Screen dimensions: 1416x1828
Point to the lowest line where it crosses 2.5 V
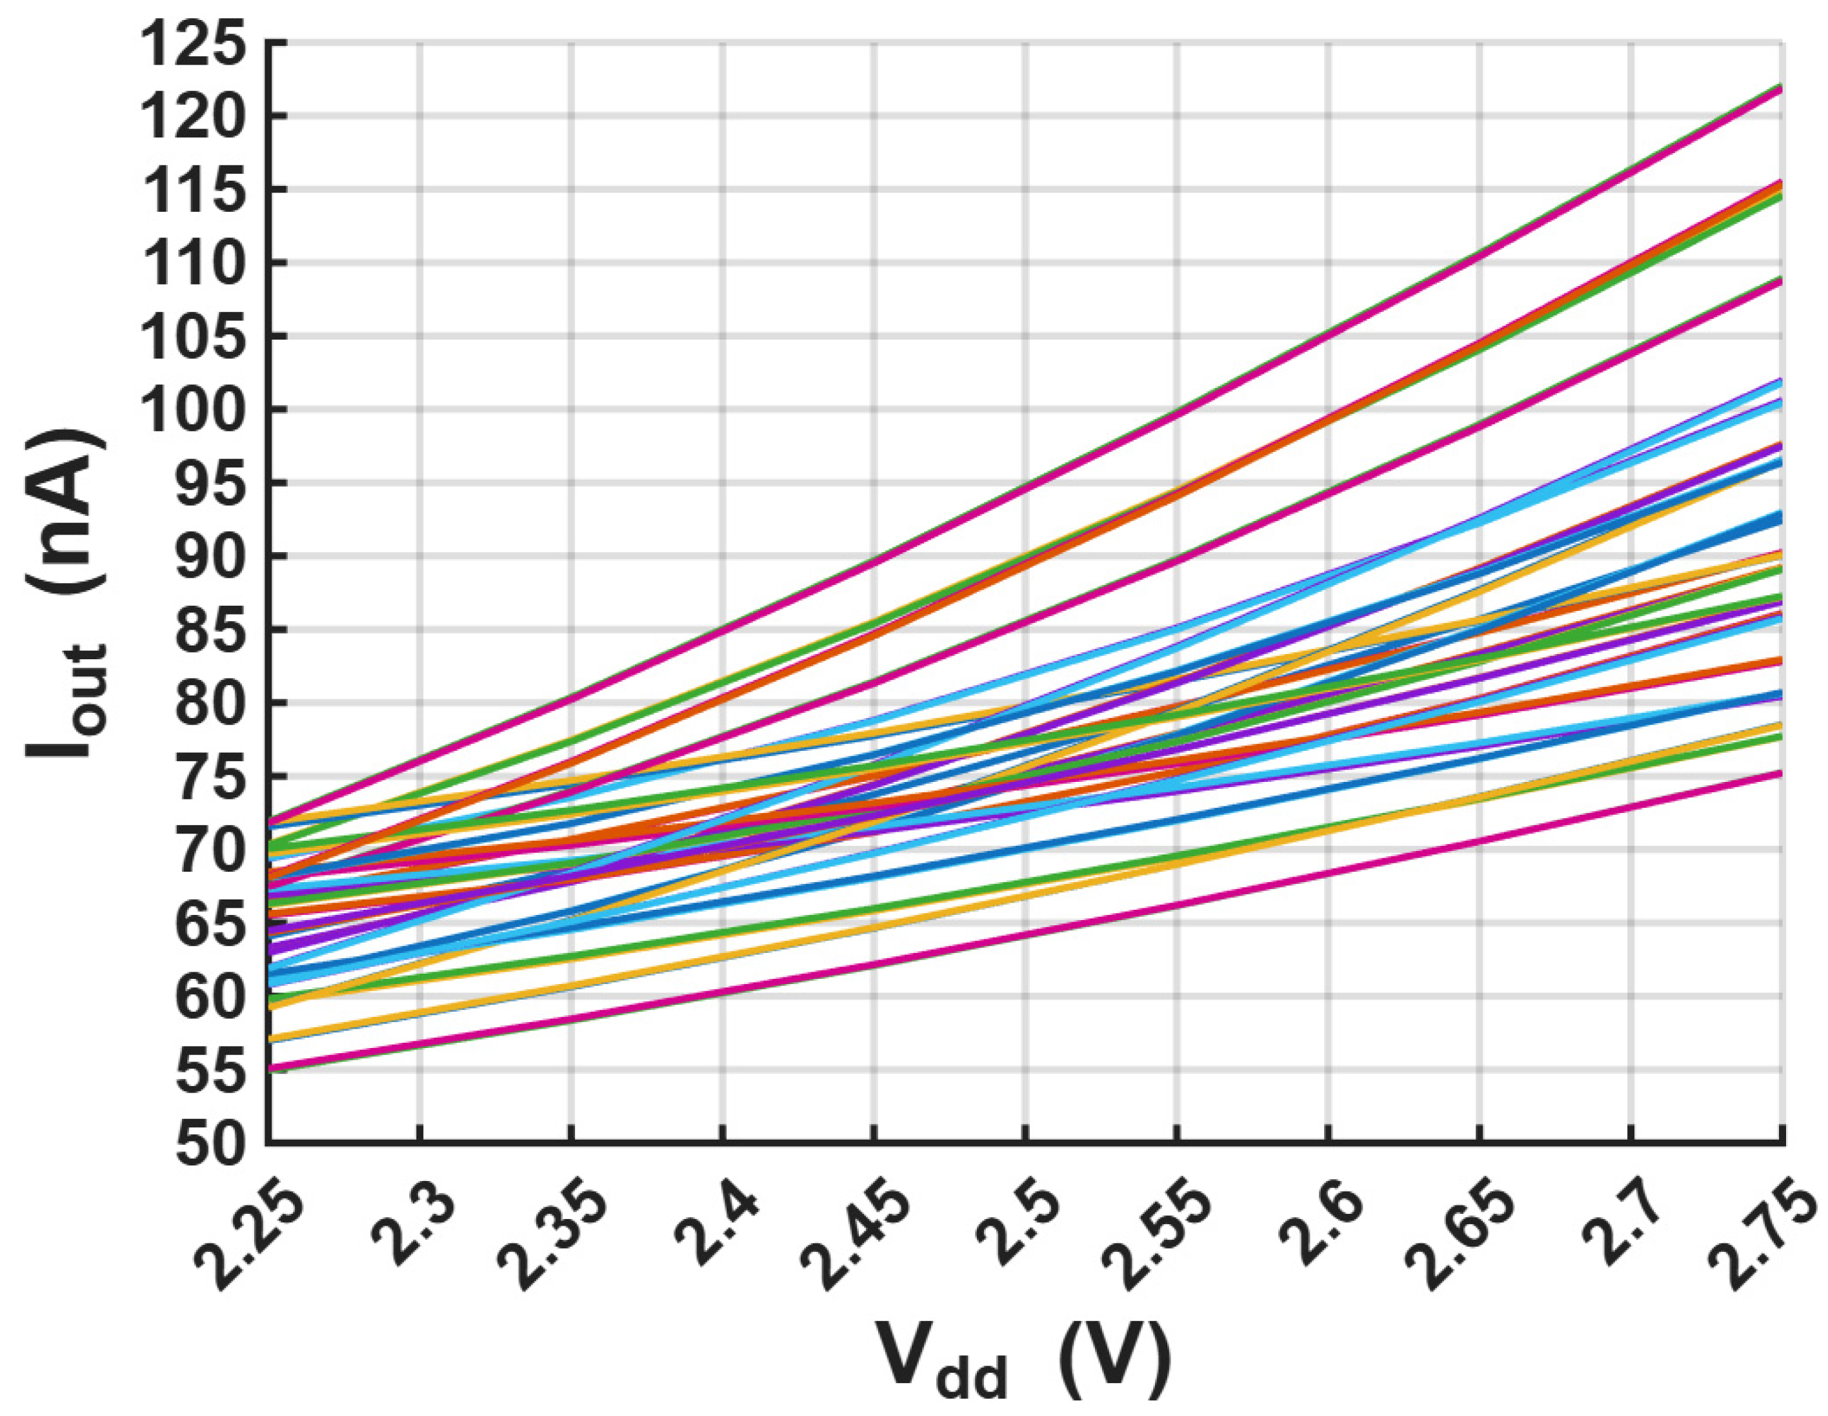click(1025, 934)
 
